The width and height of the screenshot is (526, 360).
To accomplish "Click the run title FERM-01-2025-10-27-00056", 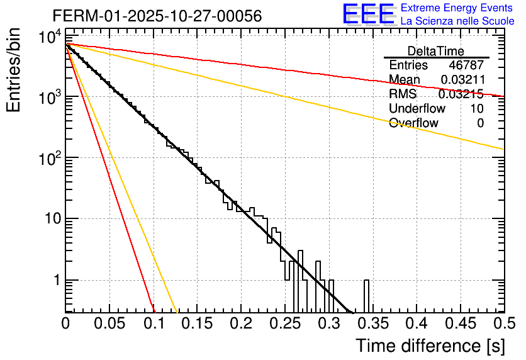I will coord(157,16).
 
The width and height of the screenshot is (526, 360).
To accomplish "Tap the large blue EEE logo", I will coord(368,14).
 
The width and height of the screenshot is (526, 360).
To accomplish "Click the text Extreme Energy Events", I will coord(457,8).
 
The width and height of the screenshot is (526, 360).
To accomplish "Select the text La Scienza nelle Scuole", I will coord(457,21).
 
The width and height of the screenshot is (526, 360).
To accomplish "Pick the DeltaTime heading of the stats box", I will coord(436,51).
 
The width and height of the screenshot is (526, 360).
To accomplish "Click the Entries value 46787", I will coord(466,65).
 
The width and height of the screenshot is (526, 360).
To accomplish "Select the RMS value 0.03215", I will coord(461,94).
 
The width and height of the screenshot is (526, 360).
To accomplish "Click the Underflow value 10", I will coord(477,109).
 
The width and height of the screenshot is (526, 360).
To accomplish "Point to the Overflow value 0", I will coord(480,123).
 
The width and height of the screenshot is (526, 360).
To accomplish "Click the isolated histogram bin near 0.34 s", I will coord(366,296).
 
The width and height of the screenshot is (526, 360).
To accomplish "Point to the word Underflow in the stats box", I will coord(415,109).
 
